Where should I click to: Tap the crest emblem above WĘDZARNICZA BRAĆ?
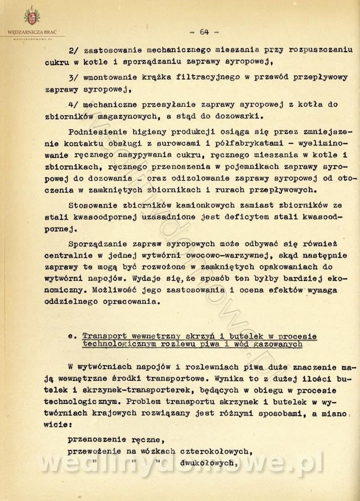31,16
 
